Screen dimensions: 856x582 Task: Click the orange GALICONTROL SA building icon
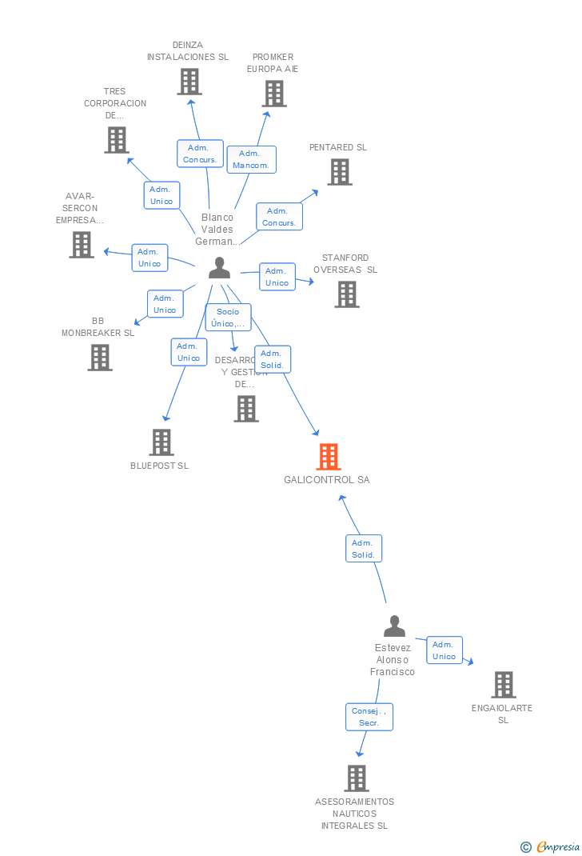click(329, 457)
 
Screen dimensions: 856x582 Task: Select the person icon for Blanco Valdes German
click(219, 269)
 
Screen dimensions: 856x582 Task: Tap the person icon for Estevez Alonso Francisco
click(394, 626)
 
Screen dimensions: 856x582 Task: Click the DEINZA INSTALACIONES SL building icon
click(189, 82)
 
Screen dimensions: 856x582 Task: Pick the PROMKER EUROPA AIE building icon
click(274, 94)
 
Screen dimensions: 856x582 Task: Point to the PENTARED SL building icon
click(340, 172)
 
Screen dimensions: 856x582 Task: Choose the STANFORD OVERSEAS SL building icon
click(347, 294)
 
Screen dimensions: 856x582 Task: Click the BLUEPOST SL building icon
click(161, 442)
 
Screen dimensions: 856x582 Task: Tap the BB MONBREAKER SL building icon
click(100, 358)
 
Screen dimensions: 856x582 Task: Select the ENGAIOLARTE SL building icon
click(504, 685)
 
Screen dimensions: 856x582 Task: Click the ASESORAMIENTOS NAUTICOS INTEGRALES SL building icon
click(357, 778)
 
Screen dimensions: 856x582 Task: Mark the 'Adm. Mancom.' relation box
click(251, 159)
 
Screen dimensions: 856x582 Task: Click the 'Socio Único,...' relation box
click(228, 318)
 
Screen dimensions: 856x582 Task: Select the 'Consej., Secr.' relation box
click(369, 717)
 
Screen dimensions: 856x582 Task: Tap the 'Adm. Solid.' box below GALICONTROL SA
click(364, 549)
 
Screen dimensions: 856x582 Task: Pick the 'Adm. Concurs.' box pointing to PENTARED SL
click(279, 217)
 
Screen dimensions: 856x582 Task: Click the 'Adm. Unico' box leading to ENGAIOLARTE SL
click(444, 650)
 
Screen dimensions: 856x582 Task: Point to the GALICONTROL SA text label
click(327, 480)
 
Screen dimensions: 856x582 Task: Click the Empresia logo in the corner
click(551, 847)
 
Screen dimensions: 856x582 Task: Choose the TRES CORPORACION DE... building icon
click(117, 140)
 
